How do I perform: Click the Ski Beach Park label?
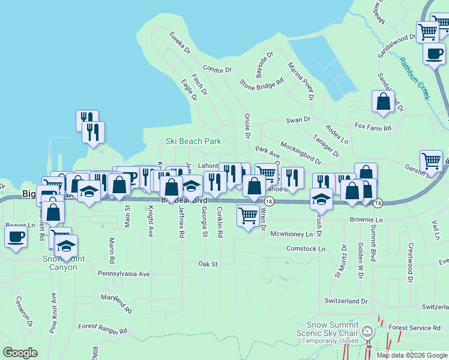[193, 142]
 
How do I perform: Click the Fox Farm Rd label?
[373, 127]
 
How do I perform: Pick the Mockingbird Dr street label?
[301, 154]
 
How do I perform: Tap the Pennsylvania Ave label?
[124, 274]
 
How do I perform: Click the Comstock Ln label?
[306, 248]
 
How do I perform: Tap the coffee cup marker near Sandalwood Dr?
[433, 53]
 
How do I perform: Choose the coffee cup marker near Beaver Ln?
[16, 235]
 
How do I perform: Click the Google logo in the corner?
[20, 353]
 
